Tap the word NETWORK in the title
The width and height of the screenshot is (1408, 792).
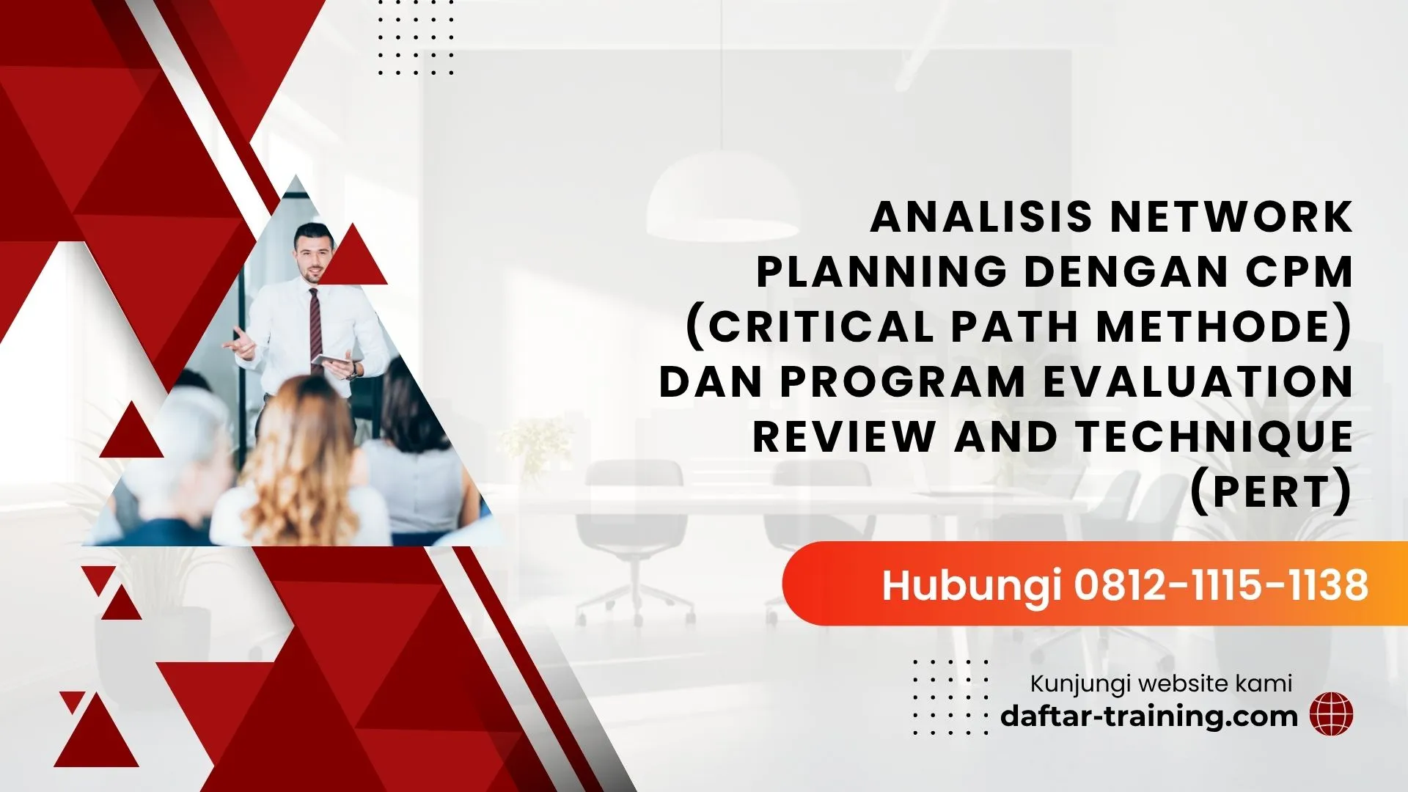coord(1232,217)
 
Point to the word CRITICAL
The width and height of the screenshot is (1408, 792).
coord(821,326)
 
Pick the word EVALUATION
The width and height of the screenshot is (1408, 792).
coord(1198,381)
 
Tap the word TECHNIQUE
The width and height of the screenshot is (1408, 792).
coord(1215,436)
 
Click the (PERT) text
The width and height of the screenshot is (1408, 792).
coord(1271,491)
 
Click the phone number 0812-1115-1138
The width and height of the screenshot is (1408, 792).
coord(1222,584)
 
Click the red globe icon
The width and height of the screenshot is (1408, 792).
coord(1332,714)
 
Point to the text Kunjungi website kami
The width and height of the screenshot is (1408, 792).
coord(1161,683)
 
